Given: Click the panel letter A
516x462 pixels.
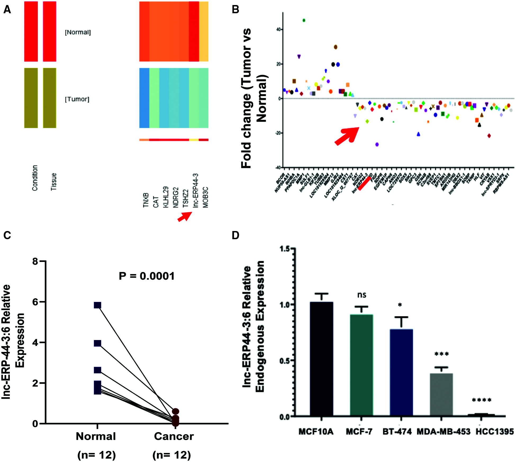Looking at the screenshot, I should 7,10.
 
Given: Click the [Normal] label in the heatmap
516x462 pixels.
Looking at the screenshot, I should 78,32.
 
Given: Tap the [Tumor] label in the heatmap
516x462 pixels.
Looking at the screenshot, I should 77,99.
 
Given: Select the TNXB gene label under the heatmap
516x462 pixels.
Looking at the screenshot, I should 146,200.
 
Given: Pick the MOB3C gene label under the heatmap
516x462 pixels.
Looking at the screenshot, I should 206,197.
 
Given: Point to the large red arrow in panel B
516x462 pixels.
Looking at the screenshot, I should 347,136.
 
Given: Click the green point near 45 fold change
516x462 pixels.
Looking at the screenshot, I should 304,20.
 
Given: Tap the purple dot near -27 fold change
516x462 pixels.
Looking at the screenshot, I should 377,144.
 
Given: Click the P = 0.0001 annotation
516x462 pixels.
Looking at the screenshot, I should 147,276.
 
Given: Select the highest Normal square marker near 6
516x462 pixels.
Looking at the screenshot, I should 97,305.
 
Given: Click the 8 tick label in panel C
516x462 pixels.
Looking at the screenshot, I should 35,261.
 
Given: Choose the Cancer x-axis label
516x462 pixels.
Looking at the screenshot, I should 174,436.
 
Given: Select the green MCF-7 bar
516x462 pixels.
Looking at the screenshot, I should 361,365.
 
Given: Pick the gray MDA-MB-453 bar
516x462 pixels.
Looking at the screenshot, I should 441,395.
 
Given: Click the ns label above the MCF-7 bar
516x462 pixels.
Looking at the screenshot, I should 362,295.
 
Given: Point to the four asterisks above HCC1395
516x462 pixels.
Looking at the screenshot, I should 482,400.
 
